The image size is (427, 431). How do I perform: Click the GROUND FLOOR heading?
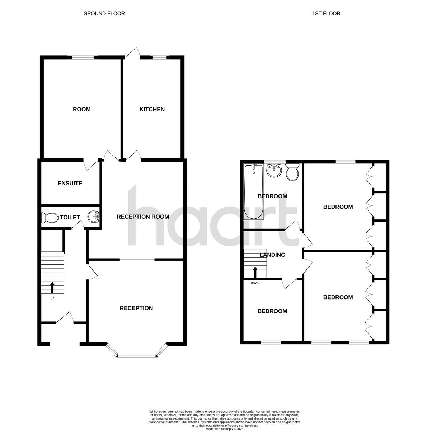coord(104,14)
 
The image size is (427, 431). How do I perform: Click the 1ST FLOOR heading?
coord(326,14)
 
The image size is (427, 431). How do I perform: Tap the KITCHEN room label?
coord(152,109)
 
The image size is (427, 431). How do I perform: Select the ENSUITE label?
coord(70,184)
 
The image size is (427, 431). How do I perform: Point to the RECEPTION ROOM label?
coord(143,217)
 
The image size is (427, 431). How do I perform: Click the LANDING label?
coord(272,255)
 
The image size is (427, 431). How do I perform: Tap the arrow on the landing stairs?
coord(255,272)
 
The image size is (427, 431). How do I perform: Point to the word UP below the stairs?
coord(52,298)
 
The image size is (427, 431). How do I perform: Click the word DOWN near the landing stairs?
coord(255,283)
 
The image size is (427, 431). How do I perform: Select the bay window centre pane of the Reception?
coord(137,356)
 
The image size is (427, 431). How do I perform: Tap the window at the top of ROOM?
coord(83,57)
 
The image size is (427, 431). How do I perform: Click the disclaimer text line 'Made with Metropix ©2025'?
coord(224,429)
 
